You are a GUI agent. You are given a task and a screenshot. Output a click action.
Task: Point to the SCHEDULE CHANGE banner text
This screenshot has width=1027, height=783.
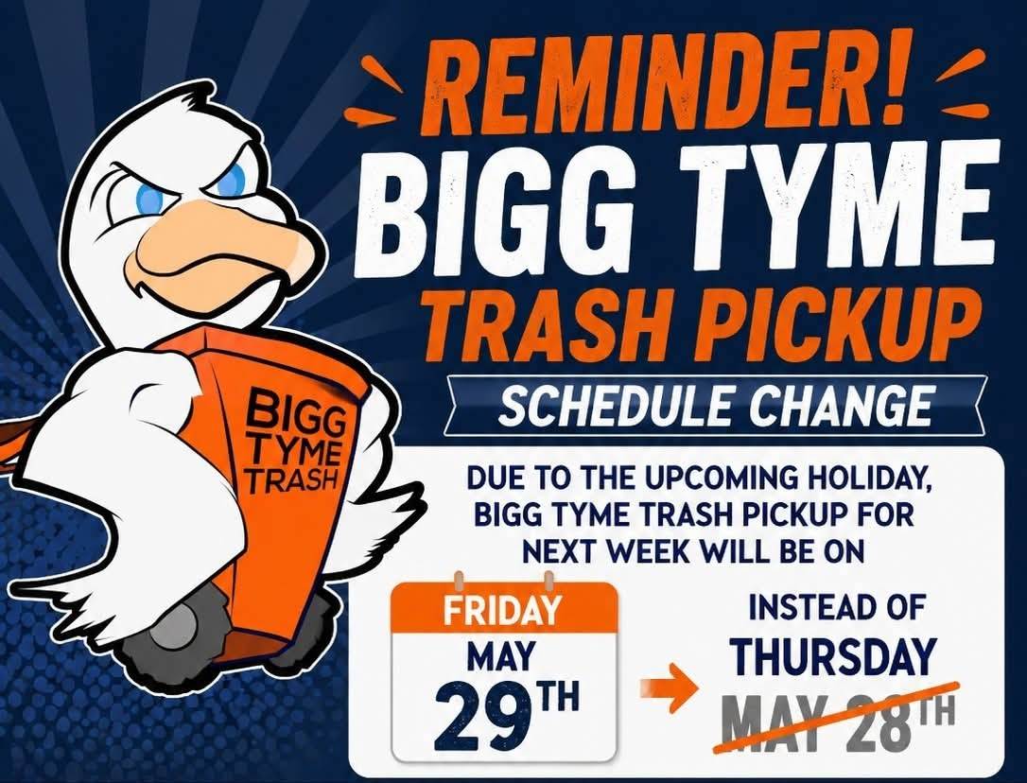point(715,407)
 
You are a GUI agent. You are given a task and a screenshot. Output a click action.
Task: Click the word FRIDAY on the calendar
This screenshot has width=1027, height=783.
point(502,609)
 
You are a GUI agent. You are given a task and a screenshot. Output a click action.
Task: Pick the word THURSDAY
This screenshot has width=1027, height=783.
point(832,656)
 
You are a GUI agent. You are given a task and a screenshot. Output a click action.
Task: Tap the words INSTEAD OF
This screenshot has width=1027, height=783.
point(836,608)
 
